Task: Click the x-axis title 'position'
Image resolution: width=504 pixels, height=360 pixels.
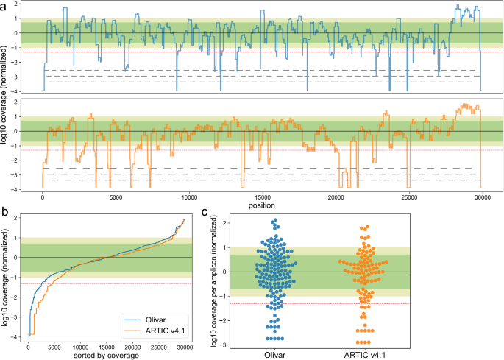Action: coord(262,205)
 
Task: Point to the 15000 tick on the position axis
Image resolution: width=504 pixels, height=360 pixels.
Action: coord(263,197)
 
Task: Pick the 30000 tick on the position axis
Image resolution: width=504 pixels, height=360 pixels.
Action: coord(482,197)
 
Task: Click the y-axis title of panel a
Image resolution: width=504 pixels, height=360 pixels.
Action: coord(5,100)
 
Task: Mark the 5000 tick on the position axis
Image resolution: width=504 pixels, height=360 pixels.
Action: coord(116,197)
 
